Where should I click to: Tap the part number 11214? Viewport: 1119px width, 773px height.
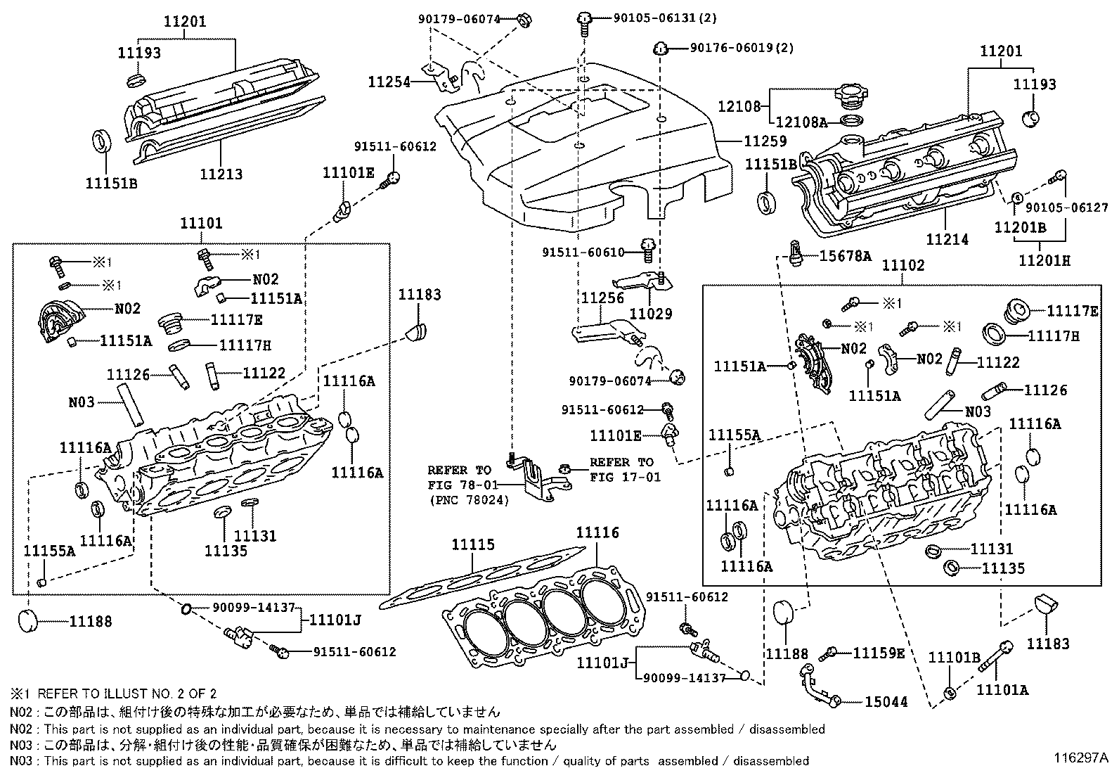[947, 239]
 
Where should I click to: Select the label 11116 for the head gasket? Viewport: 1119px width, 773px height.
[597, 532]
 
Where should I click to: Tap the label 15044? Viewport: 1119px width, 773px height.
[886, 701]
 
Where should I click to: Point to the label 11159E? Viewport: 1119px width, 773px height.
[879, 653]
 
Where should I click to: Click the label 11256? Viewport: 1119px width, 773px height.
[602, 298]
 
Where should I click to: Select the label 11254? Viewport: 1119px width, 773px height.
[389, 82]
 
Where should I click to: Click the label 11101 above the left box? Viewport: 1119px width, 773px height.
[201, 223]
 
